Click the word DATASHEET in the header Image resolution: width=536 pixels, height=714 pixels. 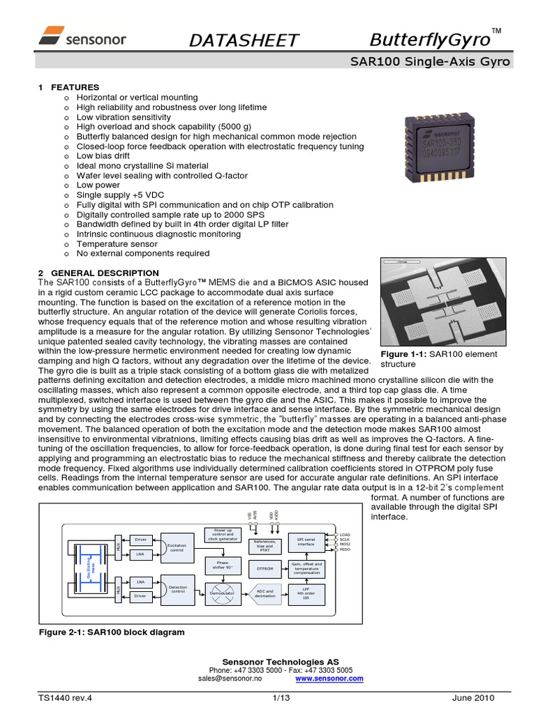click(244, 41)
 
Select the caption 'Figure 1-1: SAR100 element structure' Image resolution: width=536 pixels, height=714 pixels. click(438, 359)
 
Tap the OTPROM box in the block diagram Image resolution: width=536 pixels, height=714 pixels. click(265, 569)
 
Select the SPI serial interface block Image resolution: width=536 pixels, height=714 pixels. click(306, 542)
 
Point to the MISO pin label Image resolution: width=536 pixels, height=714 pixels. click(345, 549)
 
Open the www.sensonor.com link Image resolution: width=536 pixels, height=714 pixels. click(329, 678)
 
